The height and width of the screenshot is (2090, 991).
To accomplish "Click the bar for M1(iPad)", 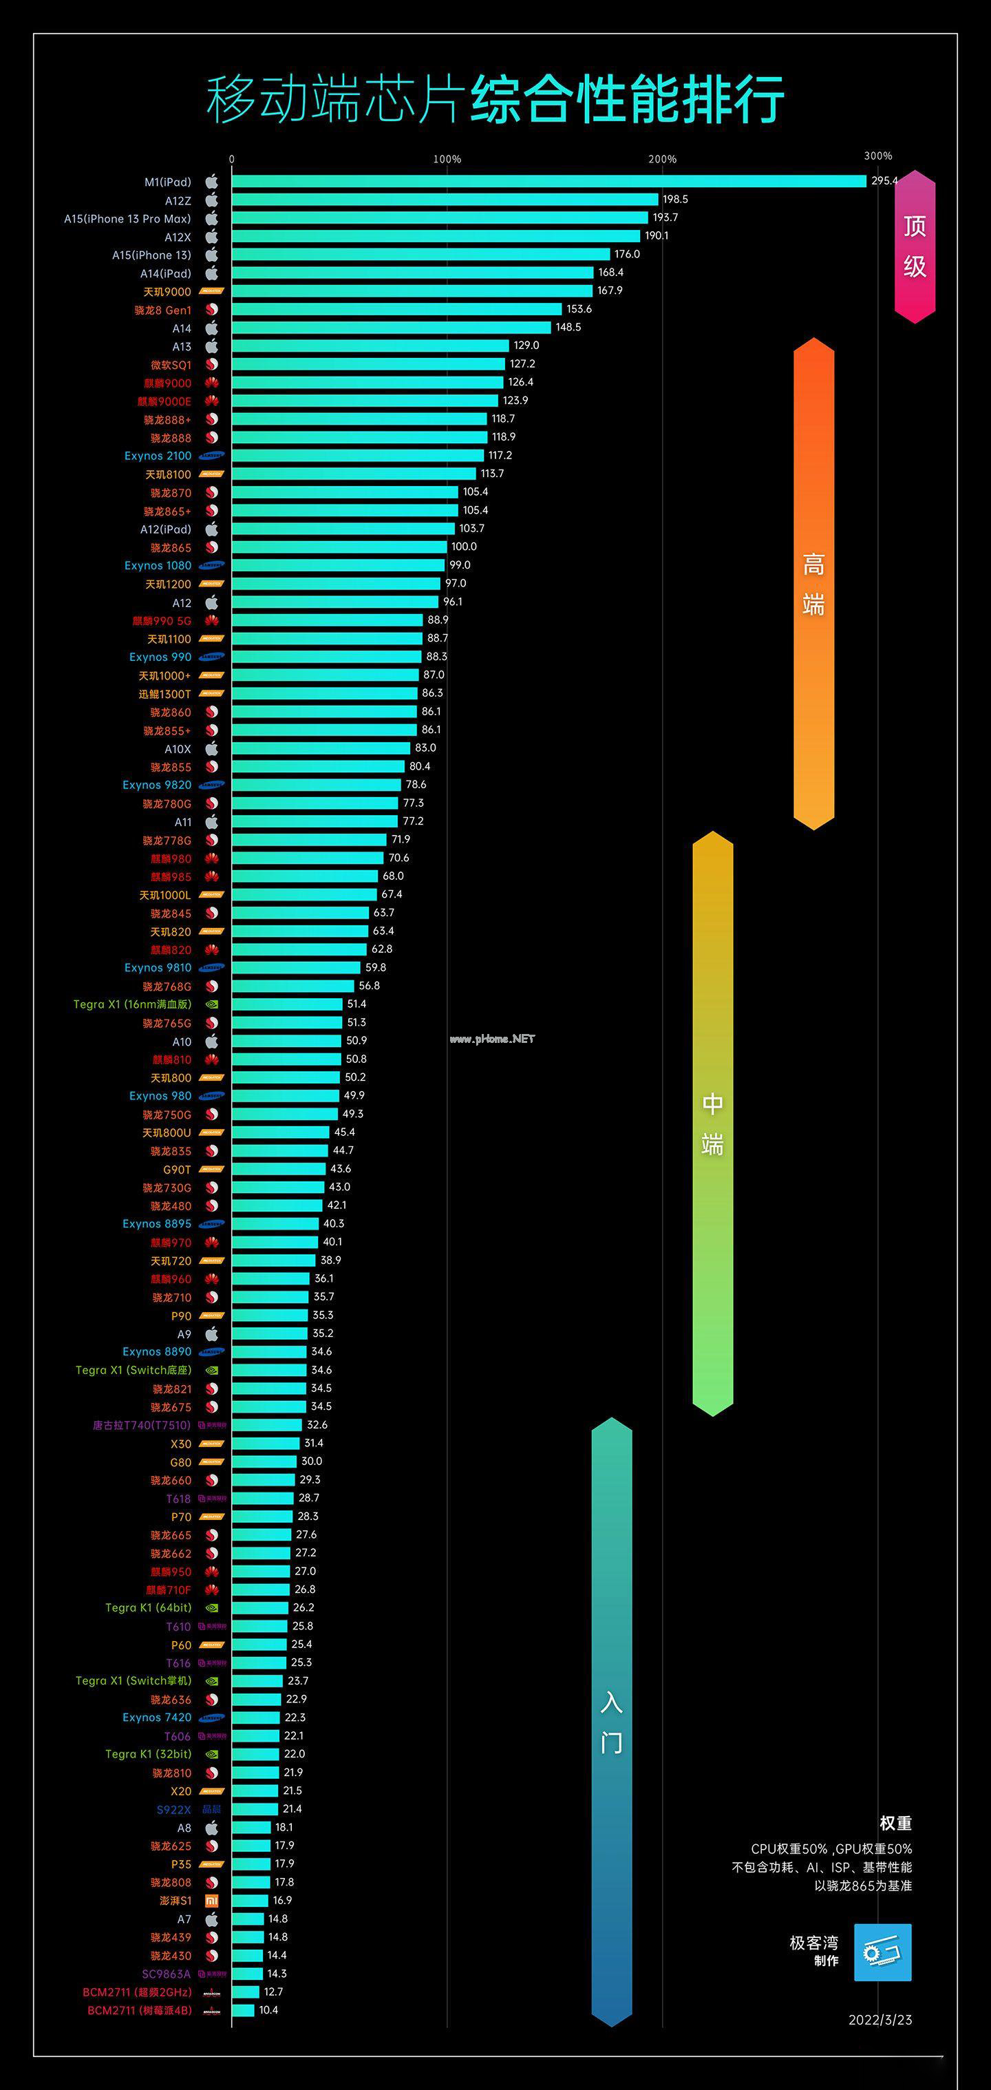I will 548,181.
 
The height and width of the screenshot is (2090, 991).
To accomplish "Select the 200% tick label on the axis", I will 662,159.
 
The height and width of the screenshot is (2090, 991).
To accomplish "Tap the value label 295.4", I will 884,181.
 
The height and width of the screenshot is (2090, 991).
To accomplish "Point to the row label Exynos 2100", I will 158,456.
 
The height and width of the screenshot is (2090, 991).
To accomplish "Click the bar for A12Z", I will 445,200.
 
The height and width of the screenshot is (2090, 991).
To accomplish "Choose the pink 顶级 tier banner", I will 915,246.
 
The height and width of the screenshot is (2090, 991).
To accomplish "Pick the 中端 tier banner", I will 712,1123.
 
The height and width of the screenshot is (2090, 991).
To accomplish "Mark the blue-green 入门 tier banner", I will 612,1722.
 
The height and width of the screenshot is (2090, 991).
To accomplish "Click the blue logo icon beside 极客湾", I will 882,1953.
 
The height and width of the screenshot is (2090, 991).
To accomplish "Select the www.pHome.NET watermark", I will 492,1039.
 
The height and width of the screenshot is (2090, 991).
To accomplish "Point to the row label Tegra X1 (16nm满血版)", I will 132,1004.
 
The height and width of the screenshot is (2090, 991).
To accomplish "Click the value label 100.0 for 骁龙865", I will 464,547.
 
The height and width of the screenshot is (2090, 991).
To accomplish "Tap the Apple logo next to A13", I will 212,346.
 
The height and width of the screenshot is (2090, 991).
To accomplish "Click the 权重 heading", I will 895,1823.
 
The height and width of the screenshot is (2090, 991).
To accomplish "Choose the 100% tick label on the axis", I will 447,159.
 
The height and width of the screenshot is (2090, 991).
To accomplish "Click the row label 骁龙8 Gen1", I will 162,310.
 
